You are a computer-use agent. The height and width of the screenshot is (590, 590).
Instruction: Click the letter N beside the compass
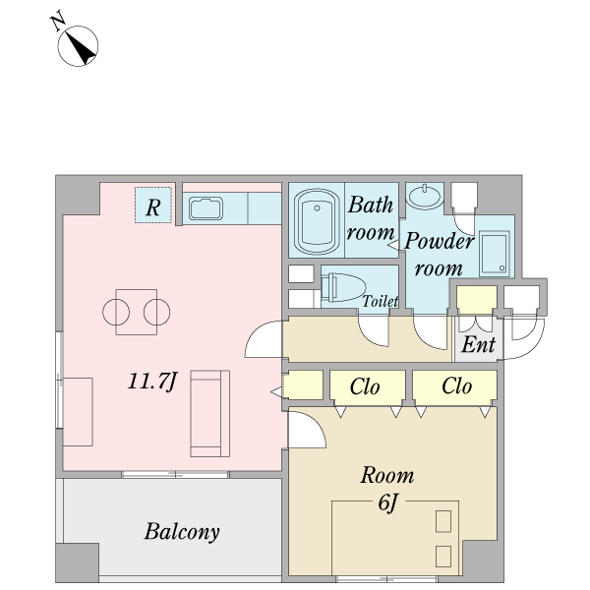[x=58, y=23]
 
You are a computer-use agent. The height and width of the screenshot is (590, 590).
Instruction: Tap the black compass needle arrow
[x=82, y=48]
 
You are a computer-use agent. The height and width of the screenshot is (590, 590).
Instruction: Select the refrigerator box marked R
[x=153, y=206]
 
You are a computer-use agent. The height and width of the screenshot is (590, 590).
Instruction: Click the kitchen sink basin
[x=206, y=208]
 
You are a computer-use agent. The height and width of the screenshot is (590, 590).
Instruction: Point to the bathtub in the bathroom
[x=317, y=221]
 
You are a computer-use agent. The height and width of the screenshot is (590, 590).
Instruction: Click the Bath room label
[x=371, y=218]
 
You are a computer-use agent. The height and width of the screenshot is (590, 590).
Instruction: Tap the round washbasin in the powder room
[x=425, y=196]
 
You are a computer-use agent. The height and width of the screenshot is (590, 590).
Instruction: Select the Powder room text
[x=439, y=254]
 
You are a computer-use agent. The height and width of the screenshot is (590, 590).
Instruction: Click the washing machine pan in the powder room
[x=495, y=254]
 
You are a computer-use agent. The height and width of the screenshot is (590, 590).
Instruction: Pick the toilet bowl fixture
[x=343, y=288]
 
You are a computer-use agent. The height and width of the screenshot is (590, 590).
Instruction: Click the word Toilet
[x=381, y=301]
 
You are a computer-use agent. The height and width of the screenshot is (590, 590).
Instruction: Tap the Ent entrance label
[x=478, y=344]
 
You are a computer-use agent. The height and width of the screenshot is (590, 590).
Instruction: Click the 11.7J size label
[x=152, y=382]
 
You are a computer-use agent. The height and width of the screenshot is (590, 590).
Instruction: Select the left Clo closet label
[x=365, y=386]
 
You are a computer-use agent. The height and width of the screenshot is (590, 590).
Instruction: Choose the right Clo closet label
[x=457, y=386]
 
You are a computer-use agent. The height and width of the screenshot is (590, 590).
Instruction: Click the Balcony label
[x=182, y=532]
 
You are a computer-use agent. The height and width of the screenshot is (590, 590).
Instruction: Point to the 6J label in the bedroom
[x=388, y=502]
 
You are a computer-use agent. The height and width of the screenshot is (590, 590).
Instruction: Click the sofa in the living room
[x=210, y=414]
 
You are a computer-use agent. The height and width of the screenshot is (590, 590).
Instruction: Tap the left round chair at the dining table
[x=116, y=313]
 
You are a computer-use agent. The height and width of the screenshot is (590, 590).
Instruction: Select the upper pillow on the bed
[x=443, y=521]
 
